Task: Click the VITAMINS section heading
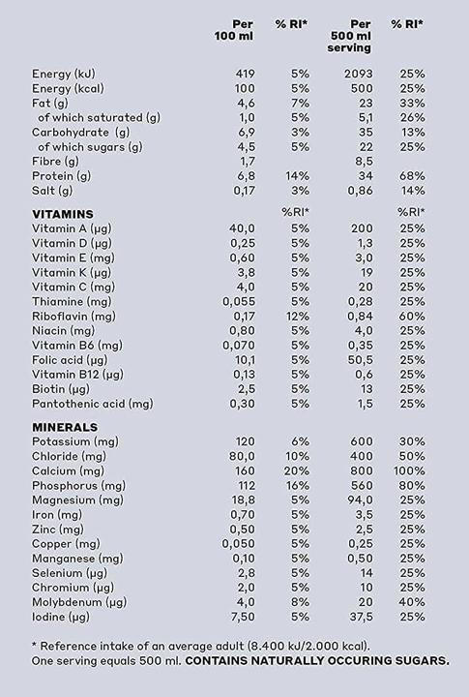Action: pos(63,213)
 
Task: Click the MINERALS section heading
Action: pos(65,427)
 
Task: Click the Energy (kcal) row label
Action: pos(73,89)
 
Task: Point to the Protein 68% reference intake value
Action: pos(413,176)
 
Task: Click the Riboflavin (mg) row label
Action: pos(73,316)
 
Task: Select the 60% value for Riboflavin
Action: pos(413,316)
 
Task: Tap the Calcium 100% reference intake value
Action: pos(411,471)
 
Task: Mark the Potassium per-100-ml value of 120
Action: pos(244,441)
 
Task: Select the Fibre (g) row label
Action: pos(55,162)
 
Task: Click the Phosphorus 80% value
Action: pos(413,486)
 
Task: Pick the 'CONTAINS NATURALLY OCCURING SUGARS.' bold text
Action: pos(318,661)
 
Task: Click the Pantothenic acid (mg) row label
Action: pos(92,404)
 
